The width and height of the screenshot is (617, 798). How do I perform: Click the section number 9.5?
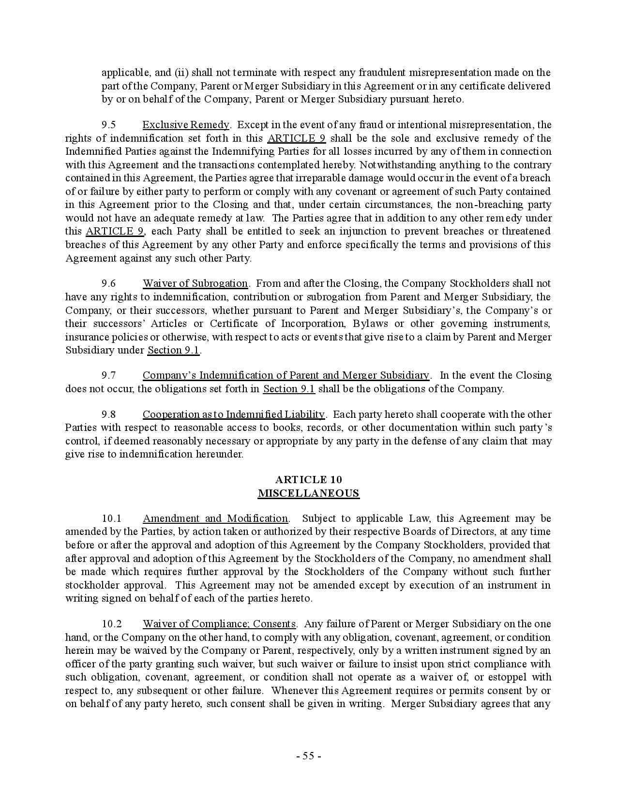(108, 125)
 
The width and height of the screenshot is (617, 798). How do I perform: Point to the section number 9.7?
(108, 376)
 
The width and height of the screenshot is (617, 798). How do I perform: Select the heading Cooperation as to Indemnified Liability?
(233, 414)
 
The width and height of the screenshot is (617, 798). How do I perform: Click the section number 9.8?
(108, 414)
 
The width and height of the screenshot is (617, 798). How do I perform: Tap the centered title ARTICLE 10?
(308, 480)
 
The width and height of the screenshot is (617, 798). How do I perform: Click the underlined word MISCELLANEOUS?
(308, 493)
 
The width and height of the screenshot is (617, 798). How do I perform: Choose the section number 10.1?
(111, 519)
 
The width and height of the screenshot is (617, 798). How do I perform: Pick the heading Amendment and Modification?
(215, 519)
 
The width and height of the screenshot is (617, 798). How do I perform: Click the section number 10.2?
(111, 624)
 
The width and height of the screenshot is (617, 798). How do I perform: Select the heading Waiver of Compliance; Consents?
(219, 624)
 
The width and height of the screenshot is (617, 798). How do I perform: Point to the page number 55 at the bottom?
(308, 756)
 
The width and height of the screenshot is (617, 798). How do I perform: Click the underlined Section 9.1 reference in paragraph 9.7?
(289, 389)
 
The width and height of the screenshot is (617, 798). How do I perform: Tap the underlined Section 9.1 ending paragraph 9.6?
(173, 351)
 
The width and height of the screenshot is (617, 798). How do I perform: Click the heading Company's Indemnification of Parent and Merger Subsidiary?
(286, 376)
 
